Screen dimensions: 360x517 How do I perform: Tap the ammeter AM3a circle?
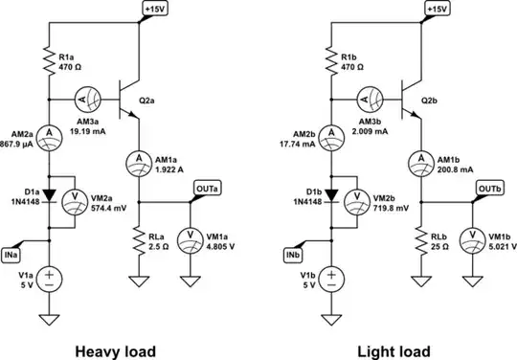[x=81, y=97]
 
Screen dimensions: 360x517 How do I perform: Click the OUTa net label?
[x=206, y=189]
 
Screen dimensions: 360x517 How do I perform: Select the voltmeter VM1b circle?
[x=474, y=235]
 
